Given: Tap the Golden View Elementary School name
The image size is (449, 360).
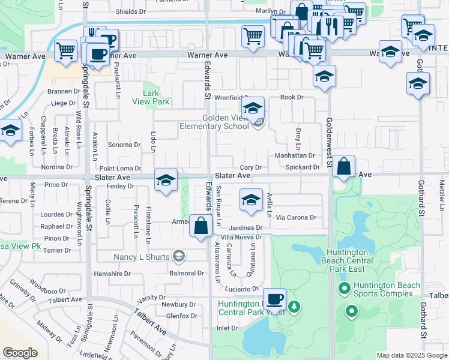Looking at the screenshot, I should pyautogui.click(x=214, y=122).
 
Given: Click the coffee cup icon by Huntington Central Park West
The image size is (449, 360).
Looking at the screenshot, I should pyautogui.click(x=275, y=299).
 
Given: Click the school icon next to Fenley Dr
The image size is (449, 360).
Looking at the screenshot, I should pyautogui.click(x=166, y=180).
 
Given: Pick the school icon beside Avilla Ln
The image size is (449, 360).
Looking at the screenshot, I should pyautogui.click(x=251, y=200).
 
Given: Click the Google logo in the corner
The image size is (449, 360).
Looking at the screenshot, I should pyautogui.click(x=20, y=353).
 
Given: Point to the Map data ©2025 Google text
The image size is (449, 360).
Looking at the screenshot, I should pyautogui.click(x=411, y=355).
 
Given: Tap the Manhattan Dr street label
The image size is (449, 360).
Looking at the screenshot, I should pyautogui.click(x=295, y=155).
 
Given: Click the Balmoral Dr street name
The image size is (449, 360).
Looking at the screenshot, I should pyautogui.click(x=187, y=274).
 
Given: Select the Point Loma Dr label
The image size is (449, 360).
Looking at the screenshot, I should pyautogui.click(x=120, y=169).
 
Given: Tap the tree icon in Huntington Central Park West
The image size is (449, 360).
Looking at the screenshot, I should pyautogui.click(x=294, y=307).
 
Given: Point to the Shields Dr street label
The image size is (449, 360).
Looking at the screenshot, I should pyautogui.click(x=131, y=11).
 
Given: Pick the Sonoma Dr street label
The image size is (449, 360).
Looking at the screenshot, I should pyautogui.click(x=124, y=145).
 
